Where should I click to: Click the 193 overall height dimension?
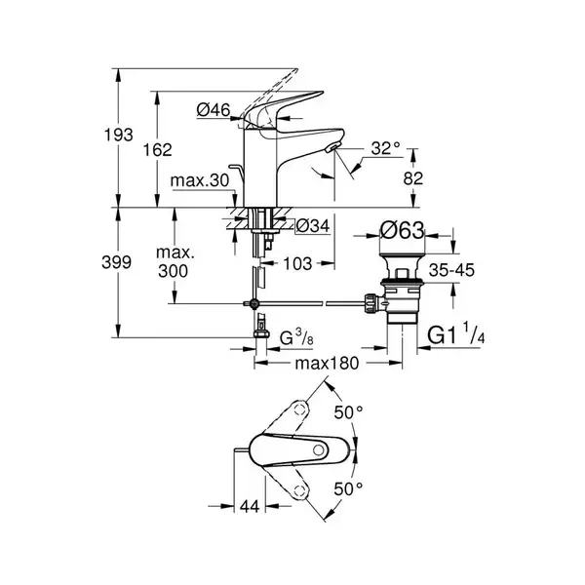(118, 135)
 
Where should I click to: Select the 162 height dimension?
(158, 150)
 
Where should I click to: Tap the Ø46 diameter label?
(214, 110)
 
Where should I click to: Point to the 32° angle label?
(385, 148)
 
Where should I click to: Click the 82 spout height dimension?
(413, 178)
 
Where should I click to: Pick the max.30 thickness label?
(200, 180)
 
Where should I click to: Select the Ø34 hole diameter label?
(313, 226)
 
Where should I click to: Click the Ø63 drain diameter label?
(402, 230)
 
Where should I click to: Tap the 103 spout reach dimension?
(297, 264)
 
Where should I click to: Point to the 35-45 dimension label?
(451, 270)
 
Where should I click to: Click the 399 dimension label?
(116, 262)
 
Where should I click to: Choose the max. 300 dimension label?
(175, 262)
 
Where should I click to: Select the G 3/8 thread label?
(297, 337)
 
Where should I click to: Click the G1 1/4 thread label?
(456, 332)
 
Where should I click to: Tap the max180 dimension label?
(327, 363)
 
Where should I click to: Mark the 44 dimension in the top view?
(250, 507)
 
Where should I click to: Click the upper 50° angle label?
(348, 412)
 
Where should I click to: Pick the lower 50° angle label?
(348, 489)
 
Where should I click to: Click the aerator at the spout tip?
(332, 148)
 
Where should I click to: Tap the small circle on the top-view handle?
(319, 449)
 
